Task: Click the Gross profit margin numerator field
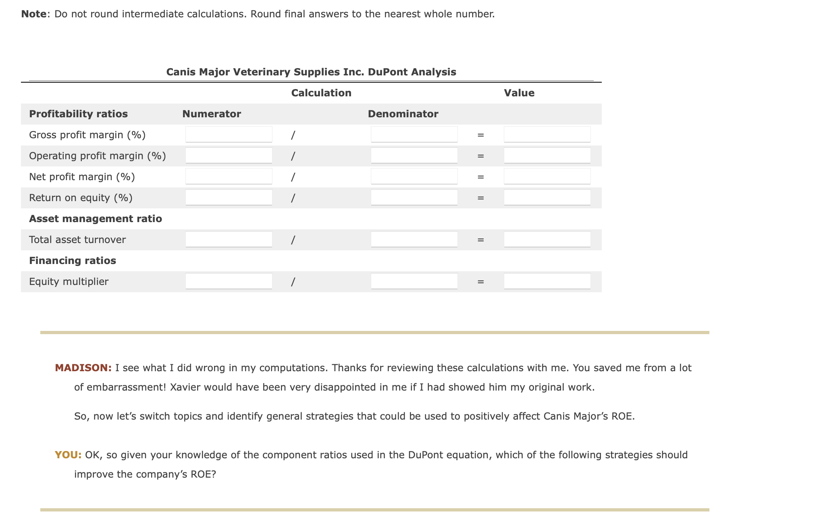(229, 134)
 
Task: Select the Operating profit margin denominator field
(414, 155)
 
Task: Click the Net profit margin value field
(547, 176)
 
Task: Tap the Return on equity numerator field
(229, 197)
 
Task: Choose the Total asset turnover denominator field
(414, 239)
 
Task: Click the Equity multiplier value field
(547, 281)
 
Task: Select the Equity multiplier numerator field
(229, 281)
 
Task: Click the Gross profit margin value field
(547, 134)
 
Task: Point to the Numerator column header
(212, 114)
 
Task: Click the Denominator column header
(403, 114)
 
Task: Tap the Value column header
(519, 93)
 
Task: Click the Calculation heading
(321, 93)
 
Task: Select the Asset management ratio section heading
(96, 219)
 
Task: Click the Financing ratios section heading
(73, 261)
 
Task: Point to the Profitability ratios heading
(78, 114)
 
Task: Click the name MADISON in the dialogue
(83, 368)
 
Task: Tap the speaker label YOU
(68, 455)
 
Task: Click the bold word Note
(34, 14)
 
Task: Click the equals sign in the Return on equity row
(480, 198)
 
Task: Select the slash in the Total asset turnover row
(293, 240)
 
